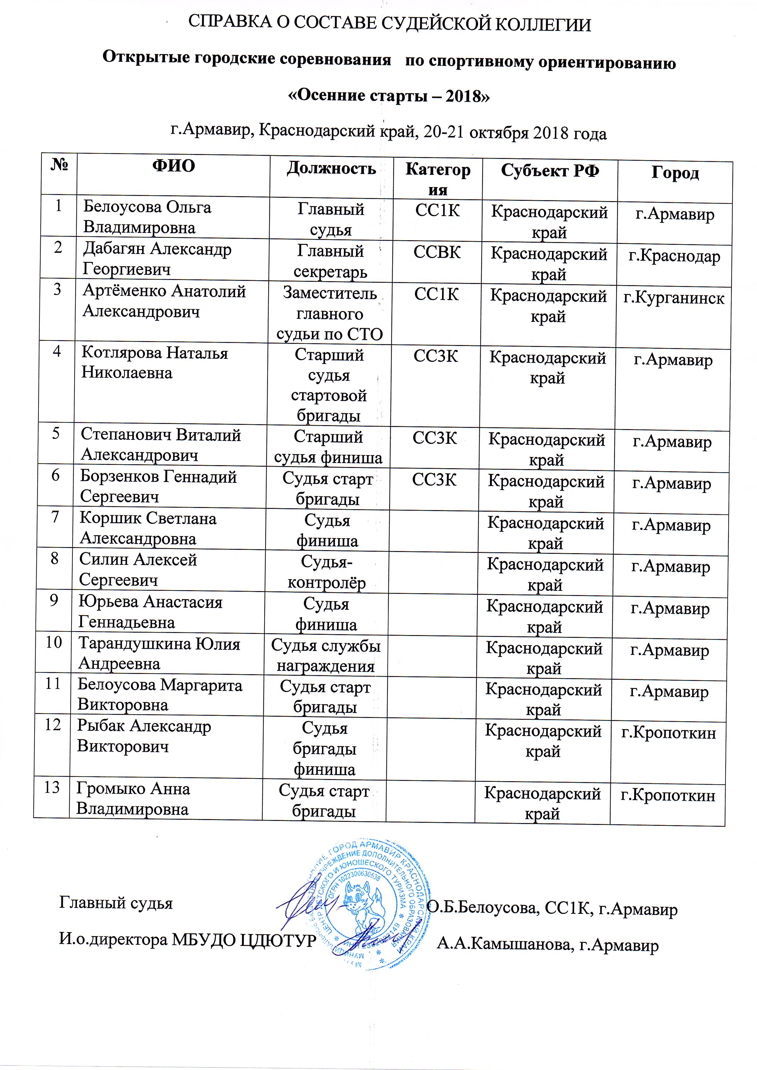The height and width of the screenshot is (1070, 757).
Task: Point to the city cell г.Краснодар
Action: [674, 256]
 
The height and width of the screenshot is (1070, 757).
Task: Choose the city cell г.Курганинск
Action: [674, 298]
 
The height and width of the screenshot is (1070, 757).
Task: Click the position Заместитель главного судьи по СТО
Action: [330, 314]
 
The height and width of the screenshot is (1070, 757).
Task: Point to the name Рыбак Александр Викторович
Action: [144, 736]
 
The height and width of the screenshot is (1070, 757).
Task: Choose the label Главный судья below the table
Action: [115, 903]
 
